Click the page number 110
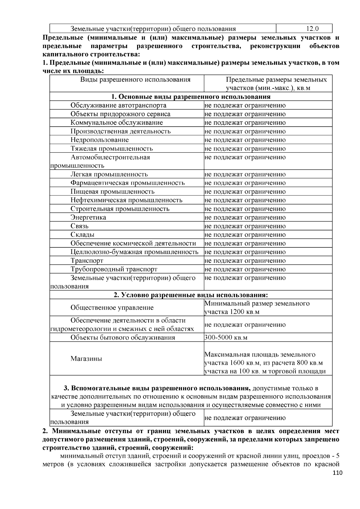pos(337,473)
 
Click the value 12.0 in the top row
pos(312,29)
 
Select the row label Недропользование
pos(100,140)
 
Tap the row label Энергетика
pos(88,217)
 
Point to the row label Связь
pos(79,226)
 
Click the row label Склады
pos(82,235)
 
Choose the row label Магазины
pos(86,359)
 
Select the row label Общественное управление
pos(112,308)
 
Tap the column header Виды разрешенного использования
pos(135,79)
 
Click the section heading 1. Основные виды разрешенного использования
pos(191,97)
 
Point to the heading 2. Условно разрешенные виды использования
pos(191,295)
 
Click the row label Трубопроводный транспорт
pos(114,269)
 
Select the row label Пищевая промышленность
pos(112,192)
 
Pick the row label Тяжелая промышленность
pos(112,148)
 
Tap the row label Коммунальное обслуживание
pos(117,123)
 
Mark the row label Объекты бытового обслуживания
pos(123,338)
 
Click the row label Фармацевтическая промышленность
pos(127,183)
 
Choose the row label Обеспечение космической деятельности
pos(133,243)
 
